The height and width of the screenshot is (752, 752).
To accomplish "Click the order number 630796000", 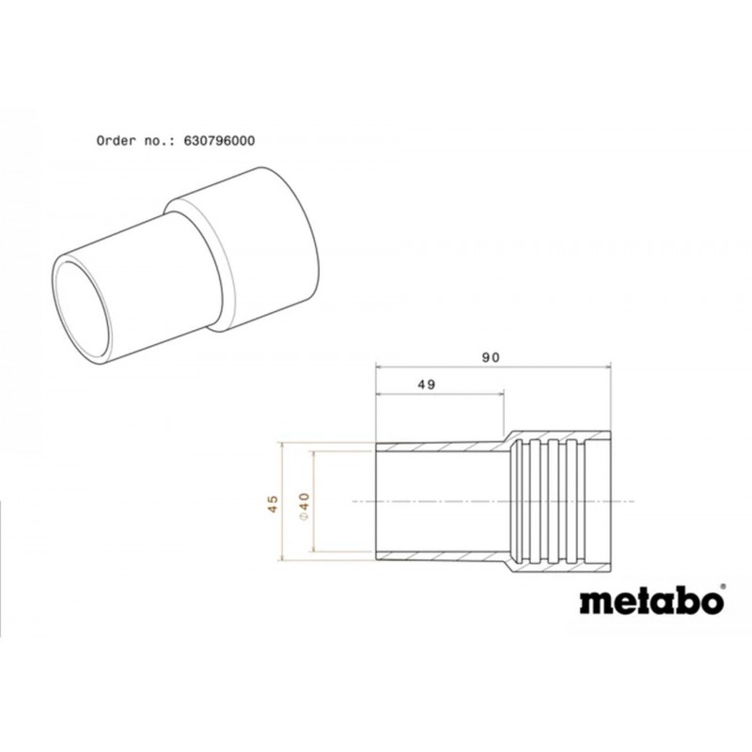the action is click(219, 141).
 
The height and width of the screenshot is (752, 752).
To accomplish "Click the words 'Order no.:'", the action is click(135, 141).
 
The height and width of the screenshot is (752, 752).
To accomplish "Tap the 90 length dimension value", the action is click(491, 357).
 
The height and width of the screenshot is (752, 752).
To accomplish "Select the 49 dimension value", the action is click(427, 384).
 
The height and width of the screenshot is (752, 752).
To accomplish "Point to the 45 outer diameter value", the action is click(273, 504).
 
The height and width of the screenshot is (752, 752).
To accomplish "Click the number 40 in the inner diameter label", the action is click(305, 500).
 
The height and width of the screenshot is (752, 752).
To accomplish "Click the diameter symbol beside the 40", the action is click(305, 516).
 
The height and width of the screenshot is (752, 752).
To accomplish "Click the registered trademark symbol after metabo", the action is click(723, 586).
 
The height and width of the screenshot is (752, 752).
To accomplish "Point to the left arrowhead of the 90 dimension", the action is click(380, 368).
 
